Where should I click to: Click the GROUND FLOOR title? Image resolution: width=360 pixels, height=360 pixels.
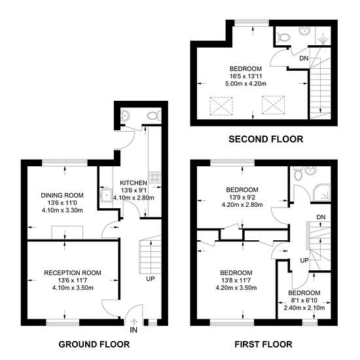click(x=94, y=344)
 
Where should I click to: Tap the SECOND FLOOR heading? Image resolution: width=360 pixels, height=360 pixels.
click(x=266, y=139)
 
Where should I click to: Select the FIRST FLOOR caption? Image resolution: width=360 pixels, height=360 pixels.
click(x=263, y=344)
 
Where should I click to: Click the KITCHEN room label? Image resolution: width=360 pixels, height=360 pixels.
click(x=134, y=183)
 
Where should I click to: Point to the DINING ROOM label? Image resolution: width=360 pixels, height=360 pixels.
click(x=62, y=196)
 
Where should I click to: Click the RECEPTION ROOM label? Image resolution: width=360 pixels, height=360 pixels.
click(x=73, y=273)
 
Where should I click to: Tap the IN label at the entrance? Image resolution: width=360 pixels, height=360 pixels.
click(x=134, y=330)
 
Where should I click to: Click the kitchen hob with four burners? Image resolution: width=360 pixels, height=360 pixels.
click(x=154, y=177)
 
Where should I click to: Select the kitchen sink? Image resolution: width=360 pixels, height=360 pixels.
click(x=106, y=195)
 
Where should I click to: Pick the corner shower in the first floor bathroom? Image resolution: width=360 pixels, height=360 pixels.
click(x=322, y=192)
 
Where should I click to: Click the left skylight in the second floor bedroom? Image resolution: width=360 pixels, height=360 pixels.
click(x=221, y=105)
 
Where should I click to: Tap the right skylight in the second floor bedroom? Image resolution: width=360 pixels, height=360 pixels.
click(x=273, y=105)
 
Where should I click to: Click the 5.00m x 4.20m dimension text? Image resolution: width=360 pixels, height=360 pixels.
click(x=245, y=84)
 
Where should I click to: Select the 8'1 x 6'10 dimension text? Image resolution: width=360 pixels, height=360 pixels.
click(x=304, y=300)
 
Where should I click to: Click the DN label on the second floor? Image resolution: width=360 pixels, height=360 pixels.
click(x=304, y=58)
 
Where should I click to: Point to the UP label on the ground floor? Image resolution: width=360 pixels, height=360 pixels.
click(x=151, y=279)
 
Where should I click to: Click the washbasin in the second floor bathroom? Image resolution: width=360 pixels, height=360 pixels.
click(x=304, y=31)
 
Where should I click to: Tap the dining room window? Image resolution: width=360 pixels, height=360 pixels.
click(x=65, y=162)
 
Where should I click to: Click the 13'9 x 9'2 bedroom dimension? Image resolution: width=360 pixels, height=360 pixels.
click(x=242, y=197)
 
